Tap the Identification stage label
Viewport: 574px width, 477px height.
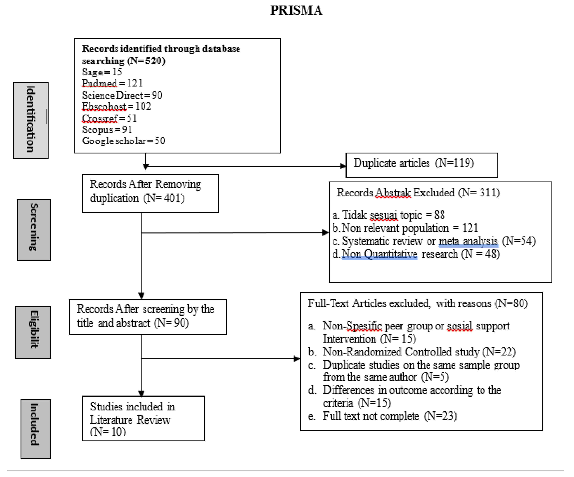(31, 120)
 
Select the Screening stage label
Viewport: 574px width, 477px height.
(34, 230)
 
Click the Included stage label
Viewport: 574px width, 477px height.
(36, 429)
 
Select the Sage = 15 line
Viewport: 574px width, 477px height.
(102, 72)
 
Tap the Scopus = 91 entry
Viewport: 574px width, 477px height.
(107, 130)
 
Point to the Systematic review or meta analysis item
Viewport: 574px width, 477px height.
(434, 241)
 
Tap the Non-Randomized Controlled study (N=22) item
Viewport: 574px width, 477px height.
(419, 352)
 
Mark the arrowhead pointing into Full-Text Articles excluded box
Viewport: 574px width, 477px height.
(297, 359)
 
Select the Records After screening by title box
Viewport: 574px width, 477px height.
(148, 317)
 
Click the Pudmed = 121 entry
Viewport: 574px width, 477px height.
(112, 83)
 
